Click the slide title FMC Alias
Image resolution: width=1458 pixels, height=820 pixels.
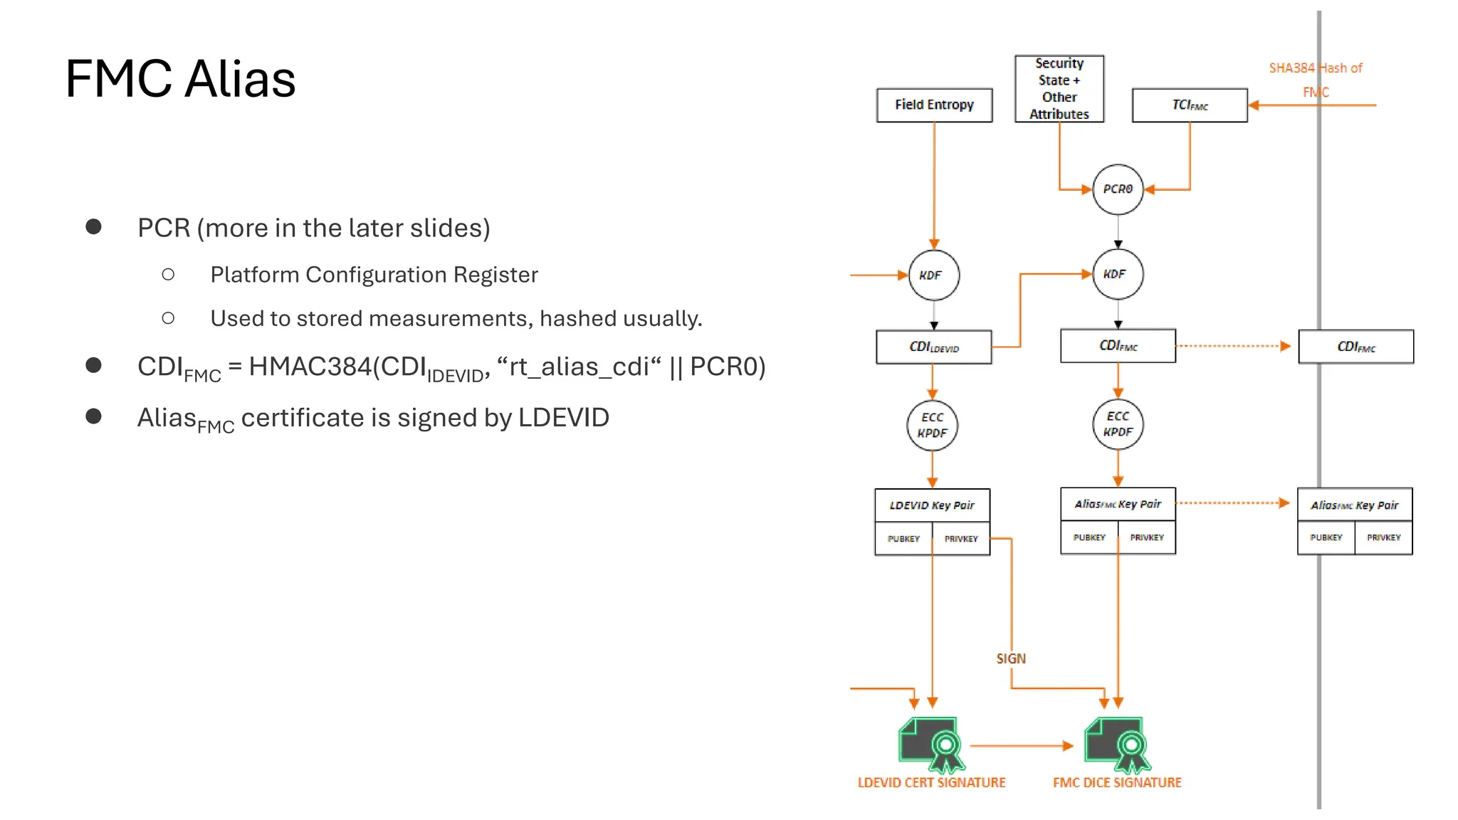[x=180, y=78]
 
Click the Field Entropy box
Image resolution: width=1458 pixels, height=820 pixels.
[x=934, y=105]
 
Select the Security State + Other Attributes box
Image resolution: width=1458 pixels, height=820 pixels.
[x=1059, y=89]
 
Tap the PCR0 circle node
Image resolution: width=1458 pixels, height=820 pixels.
[x=1117, y=189]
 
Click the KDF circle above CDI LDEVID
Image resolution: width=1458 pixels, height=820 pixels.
[x=933, y=275]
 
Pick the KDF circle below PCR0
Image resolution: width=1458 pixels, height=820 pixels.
[x=1117, y=274]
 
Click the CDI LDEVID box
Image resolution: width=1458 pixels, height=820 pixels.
[x=933, y=347]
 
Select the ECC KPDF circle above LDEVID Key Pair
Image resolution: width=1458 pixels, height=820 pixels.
[x=932, y=425]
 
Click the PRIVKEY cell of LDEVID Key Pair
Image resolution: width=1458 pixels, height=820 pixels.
[x=961, y=539]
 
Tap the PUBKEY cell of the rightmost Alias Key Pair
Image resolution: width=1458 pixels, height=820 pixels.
[x=1326, y=537]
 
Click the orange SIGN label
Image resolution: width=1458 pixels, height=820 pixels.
[x=1011, y=658]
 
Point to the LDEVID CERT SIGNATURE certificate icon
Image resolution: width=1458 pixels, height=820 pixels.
[x=931, y=745]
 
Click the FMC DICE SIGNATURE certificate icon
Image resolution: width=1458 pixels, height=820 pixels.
[x=1116, y=745]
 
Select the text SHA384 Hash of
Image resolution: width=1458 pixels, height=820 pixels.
[x=1315, y=68]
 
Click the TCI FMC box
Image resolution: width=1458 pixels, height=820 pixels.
[x=1190, y=105]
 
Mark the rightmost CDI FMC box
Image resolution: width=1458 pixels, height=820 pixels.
[x=1355, y=347]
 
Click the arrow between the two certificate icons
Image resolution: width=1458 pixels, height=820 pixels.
[x=1022, y=746]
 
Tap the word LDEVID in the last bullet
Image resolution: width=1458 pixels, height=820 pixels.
[x=563, y=418]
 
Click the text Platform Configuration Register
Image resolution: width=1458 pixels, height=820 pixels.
[x=374, y=275]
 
